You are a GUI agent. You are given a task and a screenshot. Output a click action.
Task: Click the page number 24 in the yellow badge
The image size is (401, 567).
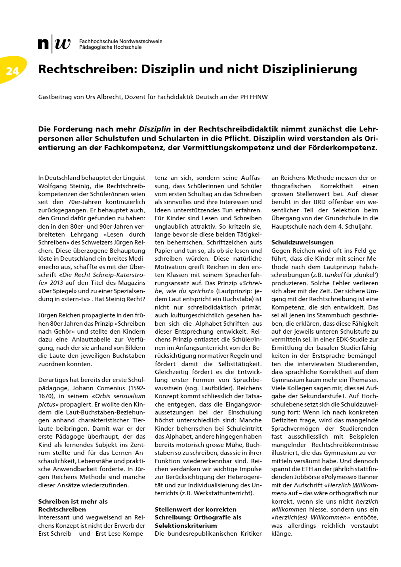[13, 71]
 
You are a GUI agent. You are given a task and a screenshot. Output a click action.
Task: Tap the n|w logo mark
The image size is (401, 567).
[54, 44]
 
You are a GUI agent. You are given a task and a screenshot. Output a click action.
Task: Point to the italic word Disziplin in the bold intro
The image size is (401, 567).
[155, 129]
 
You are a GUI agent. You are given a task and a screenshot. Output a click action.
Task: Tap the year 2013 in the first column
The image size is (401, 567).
[57, 283]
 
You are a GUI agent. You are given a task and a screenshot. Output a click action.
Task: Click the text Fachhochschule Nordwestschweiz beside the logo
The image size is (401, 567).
[120, 41]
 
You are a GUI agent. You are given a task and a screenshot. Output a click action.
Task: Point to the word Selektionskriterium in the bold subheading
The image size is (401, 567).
[186, 526]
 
